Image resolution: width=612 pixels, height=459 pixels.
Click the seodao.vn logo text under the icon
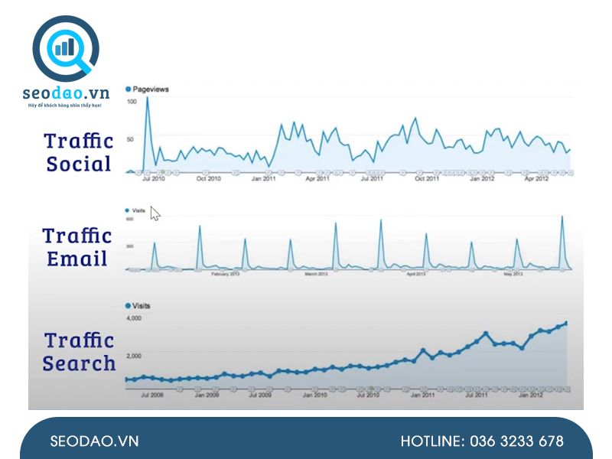pos(66,93)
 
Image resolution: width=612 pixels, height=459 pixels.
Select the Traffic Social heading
pos(79,152)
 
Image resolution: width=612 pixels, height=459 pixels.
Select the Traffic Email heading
pos(77,247)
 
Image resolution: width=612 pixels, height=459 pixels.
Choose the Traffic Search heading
pos(78,352)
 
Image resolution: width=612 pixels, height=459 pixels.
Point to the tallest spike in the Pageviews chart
pos(147,99)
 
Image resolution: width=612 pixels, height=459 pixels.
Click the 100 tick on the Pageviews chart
pos(132,102)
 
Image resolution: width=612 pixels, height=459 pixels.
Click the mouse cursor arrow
pos(155,213)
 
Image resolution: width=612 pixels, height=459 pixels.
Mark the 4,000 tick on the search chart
pos(133,317)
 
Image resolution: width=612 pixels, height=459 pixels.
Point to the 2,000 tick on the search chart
pos(133,356)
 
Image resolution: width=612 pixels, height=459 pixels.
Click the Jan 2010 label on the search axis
pos(314,395)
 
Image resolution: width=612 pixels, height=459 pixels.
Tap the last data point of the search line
pos(566,323)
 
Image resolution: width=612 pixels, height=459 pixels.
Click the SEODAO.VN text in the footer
pos(94,441)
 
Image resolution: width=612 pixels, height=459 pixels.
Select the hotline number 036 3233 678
pos(482,441)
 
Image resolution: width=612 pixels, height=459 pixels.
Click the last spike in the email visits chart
pos(563,217)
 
